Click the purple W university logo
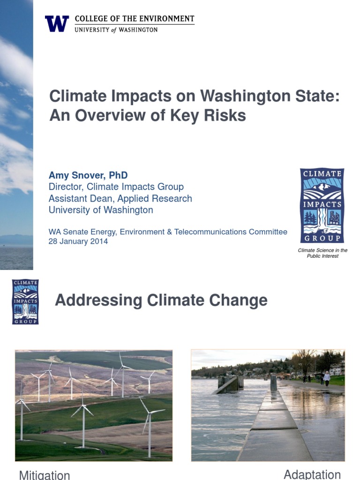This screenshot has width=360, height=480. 57,23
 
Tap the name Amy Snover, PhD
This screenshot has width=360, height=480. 88,175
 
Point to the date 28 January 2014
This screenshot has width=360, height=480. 78,242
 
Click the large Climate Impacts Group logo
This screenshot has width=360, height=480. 322,206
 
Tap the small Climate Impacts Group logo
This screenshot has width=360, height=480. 25,302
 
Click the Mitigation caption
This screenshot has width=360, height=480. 45,475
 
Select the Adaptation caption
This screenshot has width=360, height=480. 312,474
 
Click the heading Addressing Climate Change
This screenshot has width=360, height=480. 161,300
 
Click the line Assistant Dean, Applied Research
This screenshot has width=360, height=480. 120,198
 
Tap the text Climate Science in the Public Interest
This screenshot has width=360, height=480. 322,253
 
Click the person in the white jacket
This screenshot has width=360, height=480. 327,377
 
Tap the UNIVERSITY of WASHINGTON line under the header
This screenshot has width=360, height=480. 116,30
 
